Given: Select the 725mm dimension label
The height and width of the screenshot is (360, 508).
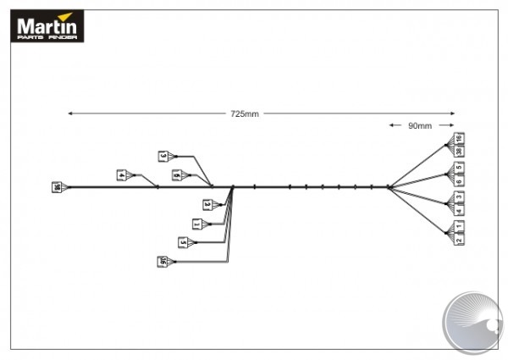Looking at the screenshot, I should (245, 114).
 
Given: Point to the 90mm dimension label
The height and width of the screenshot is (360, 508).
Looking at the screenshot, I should (419, 125).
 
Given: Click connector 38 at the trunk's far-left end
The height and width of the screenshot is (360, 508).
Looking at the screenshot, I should (57, 187).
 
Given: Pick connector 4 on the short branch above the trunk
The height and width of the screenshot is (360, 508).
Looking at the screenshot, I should (122, 175).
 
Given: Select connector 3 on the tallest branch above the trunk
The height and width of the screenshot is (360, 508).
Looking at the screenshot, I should (163, 156).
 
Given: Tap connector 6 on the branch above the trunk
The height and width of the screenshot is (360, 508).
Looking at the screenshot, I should (176, 175).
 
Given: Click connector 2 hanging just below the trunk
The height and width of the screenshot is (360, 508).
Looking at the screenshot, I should (207, 204).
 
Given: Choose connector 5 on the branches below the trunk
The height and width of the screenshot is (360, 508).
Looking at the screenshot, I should (183, 242).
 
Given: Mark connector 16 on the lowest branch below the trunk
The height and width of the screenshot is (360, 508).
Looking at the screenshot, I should (161, 262).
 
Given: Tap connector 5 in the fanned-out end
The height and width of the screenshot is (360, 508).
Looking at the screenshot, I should (459, 167).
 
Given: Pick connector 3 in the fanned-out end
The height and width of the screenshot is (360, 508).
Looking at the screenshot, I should (459, 196).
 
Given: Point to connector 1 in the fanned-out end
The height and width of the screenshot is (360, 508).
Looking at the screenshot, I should (459, 226).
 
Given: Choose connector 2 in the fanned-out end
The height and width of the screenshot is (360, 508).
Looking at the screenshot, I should (459, 240).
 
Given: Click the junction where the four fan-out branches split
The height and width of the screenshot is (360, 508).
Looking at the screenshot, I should (388, 187).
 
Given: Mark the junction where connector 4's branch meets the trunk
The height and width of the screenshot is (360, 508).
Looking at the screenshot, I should (157, 187).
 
